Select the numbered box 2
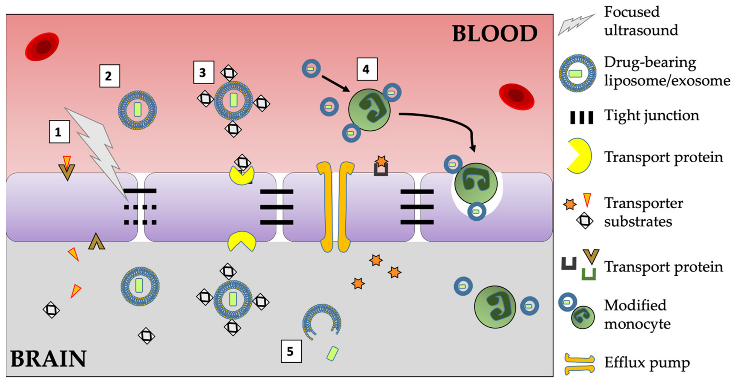click(109, 76)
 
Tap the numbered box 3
click(204, 72)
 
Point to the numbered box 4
click(367, 69)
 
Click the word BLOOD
click(495, 33)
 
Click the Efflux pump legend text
click(647, 363)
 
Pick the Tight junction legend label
click(652, 116)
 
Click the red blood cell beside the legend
click(516, 97)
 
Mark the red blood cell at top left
click(42, 47)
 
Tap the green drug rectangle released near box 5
click(332, 354)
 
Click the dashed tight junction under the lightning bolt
click(140, 215)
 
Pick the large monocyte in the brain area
click(495, 307)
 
